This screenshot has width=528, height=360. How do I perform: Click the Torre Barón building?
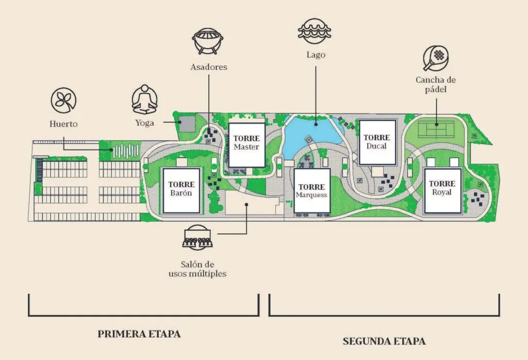pos(181,191)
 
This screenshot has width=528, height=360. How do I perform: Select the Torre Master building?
pos(247,145)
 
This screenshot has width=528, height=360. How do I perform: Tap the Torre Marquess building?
pos(312,191)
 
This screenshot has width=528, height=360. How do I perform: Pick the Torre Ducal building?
pos(377,142)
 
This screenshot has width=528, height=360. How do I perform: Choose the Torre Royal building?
pos(442,191)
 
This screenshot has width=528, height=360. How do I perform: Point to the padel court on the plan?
pos(436,129)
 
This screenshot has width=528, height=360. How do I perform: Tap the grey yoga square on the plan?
pos(187,124)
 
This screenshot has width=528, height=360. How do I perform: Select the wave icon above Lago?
pos(315,31)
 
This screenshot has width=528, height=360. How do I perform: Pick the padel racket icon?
pos(436,58)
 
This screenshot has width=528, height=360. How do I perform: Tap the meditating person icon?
pos(144,99)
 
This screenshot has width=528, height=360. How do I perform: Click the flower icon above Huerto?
pos(63,101)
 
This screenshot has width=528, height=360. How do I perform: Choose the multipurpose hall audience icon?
pos(197,238)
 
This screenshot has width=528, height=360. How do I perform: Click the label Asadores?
pos(209,67)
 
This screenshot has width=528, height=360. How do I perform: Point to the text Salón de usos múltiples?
pos(197,269)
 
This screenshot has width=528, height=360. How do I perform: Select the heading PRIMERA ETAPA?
pos(139,334)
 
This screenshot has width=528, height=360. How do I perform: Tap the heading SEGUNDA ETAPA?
pos(384,341)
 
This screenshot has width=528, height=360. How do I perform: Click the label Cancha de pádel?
pos(436,85)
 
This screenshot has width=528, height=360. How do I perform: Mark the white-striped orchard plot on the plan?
pos(126,151)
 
